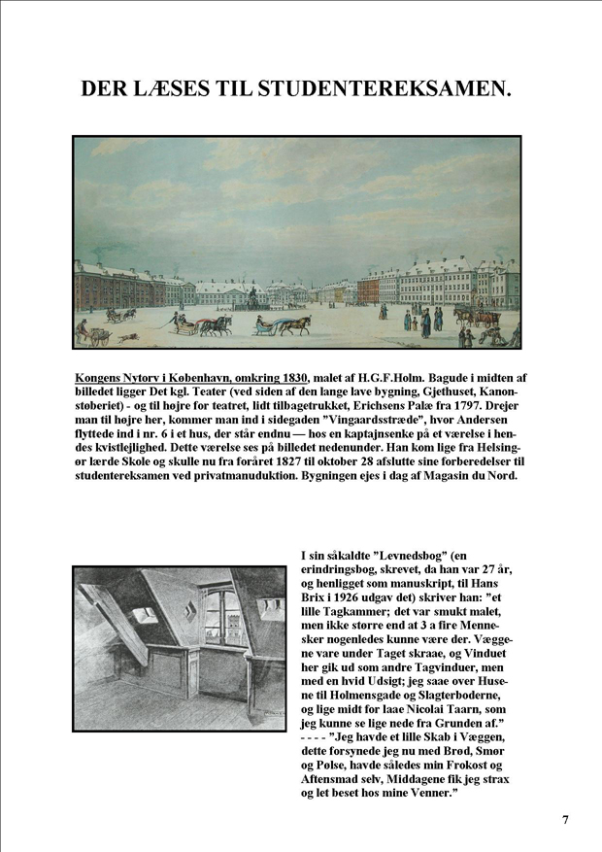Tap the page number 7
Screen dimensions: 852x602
point(566,819)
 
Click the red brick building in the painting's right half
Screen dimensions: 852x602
point(368,289)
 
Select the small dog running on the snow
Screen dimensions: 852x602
point(127,337)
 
